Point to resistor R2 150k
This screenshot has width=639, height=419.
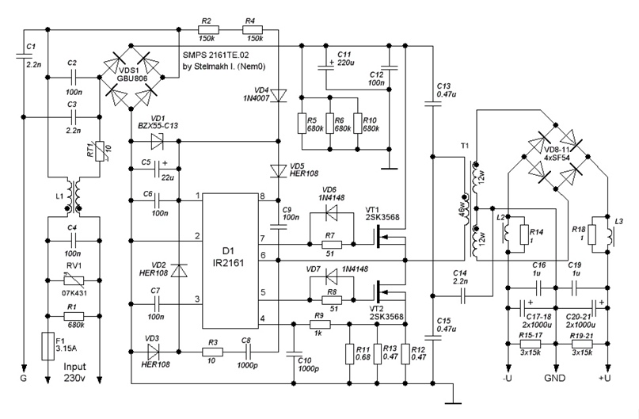207,29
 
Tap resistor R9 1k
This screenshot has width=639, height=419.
318,324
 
